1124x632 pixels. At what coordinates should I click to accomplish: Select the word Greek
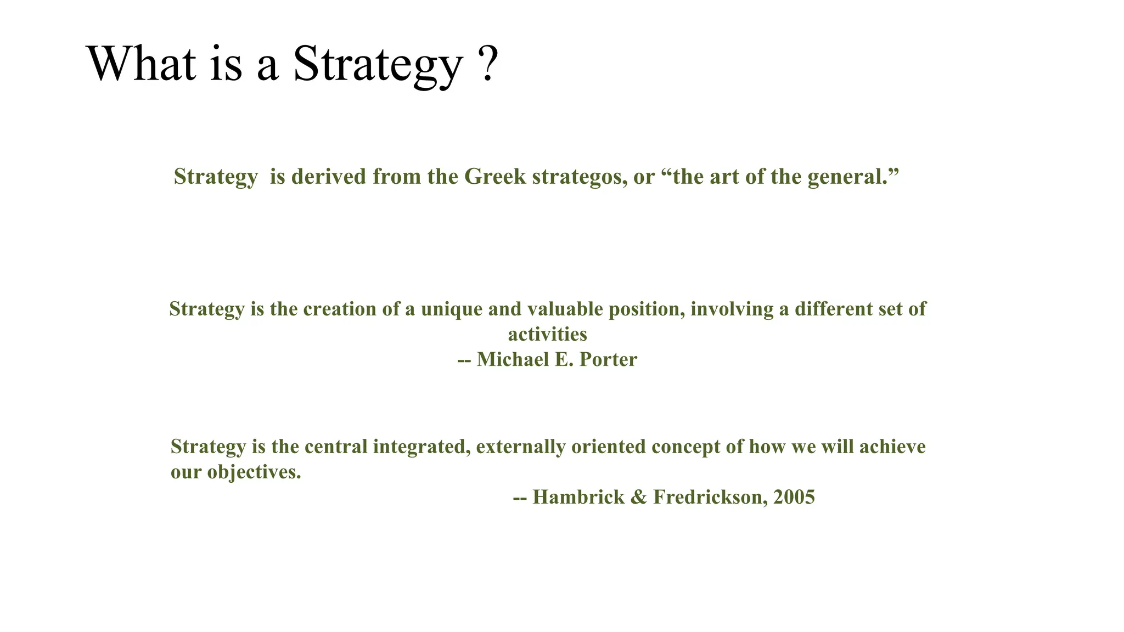(494, 177)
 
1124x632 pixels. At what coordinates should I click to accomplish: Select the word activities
(547, 335)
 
